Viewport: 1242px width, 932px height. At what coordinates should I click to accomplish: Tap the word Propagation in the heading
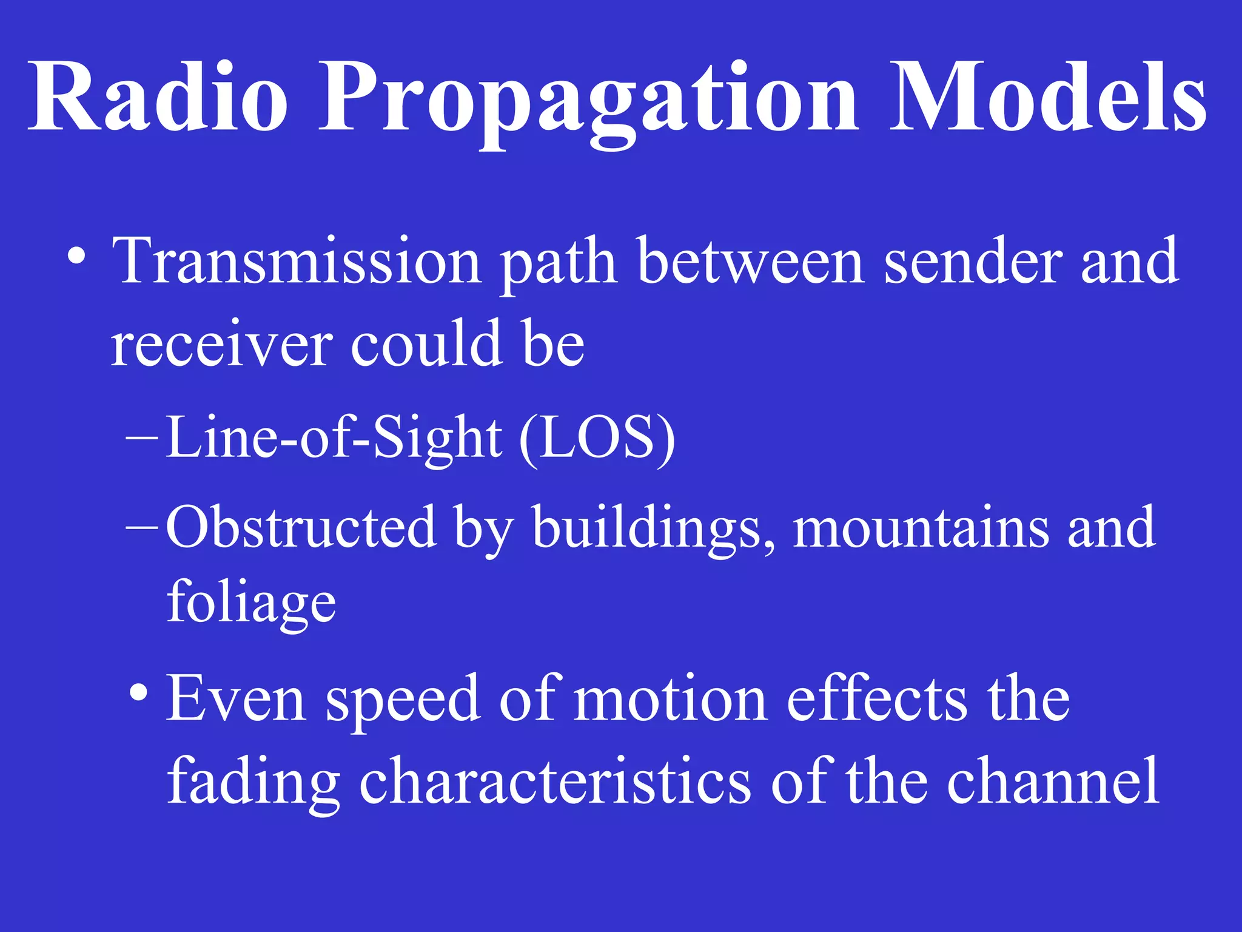(x=588, y=100)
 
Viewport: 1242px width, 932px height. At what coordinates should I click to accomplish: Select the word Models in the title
(x=1048, y=97)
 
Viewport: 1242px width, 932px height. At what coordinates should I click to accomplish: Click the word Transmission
(x=297, y=261)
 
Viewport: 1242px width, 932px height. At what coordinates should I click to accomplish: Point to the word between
(x=751, y=261)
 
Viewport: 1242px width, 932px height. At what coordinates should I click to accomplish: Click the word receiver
(x=221, y=345)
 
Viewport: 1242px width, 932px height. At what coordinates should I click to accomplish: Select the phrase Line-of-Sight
(x=334, y=438)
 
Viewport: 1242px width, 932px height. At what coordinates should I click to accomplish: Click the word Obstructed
(x=301, y=527)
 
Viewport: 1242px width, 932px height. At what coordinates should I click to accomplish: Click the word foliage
(x=251, y=602)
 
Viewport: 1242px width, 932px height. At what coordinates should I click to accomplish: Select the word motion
(x=670, y=699)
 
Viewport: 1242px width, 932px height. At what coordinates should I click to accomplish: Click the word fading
(x=253, y=783)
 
